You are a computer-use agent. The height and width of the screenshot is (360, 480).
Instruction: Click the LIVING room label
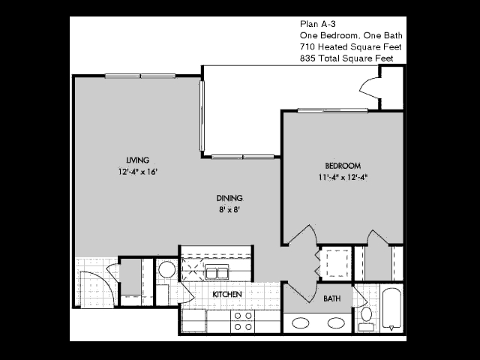[138, 160]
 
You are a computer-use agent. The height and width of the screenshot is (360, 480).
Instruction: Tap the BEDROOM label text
[343, 166]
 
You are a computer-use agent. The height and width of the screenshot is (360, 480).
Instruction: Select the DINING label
[229, 198]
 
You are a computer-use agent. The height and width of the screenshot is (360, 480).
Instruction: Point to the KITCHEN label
[227, 294]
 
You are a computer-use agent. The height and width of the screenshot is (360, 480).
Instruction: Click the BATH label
[331, 298]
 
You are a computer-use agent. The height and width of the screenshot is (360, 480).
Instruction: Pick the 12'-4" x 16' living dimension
[138, 172]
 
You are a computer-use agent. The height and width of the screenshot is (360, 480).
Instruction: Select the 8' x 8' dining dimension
[229, 210]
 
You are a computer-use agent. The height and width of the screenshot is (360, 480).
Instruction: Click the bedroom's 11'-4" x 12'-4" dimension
[343, 178]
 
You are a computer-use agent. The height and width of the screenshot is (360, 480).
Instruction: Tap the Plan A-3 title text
[318, 24]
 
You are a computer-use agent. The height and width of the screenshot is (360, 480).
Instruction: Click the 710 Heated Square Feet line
[350, 46]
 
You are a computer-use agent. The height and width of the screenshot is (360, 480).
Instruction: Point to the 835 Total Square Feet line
[346, 58]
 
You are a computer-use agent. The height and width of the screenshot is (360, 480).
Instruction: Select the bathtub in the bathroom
[391, 309]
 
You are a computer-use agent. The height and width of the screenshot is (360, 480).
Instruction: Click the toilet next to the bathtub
[366, 319]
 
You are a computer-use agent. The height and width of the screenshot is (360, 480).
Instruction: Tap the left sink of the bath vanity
[300, 323]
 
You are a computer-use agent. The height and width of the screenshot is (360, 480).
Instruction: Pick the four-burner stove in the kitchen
[243, 321]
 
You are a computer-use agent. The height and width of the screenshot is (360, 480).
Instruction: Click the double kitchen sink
[217, 271]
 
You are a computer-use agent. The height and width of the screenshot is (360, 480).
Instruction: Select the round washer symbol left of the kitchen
[166, 269]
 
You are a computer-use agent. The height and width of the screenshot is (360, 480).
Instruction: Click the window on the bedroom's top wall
[333, 110]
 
